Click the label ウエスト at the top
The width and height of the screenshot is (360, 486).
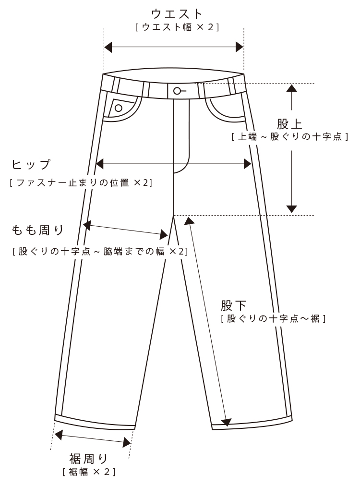pos(177,13)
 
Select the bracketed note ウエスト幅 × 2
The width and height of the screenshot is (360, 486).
pos(177,27)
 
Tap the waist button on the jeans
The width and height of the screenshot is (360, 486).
pos(177,91)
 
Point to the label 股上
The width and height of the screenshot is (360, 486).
pos(290,124)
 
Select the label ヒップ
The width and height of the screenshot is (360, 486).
pos(31,165)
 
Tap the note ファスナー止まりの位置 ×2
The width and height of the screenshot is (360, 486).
pos(81,182)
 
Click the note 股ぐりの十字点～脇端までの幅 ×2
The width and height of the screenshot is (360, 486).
pos(100,251)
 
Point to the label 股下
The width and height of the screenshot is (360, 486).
pos(234,305)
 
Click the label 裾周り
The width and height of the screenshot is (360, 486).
pos(89,459)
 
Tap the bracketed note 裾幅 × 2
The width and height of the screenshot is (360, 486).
pos(89,472)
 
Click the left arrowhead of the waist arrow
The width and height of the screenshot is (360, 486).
pos(108,47)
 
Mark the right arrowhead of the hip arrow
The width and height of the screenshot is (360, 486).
pos(248,164)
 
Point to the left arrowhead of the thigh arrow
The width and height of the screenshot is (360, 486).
pos(87,224)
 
